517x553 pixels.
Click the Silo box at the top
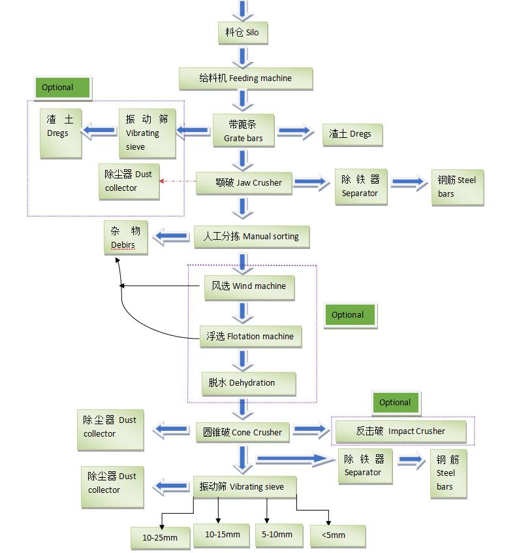click(242, 32)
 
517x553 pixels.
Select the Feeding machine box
click(245, 78)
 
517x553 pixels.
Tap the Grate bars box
click(243, 131)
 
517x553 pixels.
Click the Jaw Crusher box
click(243, 183)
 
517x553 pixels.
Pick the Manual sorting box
click(251, 237)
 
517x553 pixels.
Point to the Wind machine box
click(245, 286)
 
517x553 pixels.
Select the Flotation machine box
click(250, 337)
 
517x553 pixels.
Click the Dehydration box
click(248, 383)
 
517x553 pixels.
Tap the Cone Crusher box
click(242, 432)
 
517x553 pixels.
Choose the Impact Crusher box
click(401, 431)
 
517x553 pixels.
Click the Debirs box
click(125, 237)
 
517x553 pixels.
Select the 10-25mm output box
click(160, 538)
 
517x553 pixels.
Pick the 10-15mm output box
click(223, 535)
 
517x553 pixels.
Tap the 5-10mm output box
click(277, 535)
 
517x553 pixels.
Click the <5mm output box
click(337, 535)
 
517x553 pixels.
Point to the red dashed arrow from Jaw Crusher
click(178, 181)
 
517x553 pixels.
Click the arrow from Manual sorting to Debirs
click(171, 237)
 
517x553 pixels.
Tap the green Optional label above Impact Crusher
click(396, 403)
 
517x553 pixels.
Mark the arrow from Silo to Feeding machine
click(242, 56)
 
